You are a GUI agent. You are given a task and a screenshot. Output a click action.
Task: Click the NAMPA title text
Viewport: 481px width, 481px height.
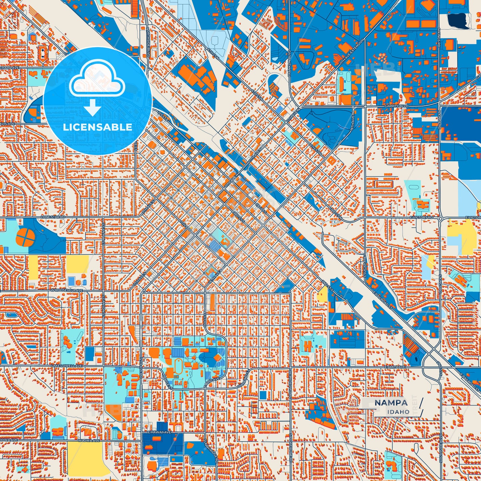click(391, 403)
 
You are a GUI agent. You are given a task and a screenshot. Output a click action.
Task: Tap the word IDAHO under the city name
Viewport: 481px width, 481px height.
click(398, 412)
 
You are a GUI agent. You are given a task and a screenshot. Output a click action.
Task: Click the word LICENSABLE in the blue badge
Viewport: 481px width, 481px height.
click(98, 127)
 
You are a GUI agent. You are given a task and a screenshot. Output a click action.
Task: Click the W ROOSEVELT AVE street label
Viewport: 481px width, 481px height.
click(67, 290)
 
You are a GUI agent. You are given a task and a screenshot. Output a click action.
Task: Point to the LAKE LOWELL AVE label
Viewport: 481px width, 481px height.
click(67, 365)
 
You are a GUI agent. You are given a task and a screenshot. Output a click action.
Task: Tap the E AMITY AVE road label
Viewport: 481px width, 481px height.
click(395, 367)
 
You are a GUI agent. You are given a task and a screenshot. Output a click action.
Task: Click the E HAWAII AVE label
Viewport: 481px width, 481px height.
click(159, 432)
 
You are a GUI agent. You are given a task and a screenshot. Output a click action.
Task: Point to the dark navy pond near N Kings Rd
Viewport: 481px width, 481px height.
click(458, 20)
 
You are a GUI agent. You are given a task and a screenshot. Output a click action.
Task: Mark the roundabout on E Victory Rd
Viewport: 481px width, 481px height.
click(440, 218)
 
